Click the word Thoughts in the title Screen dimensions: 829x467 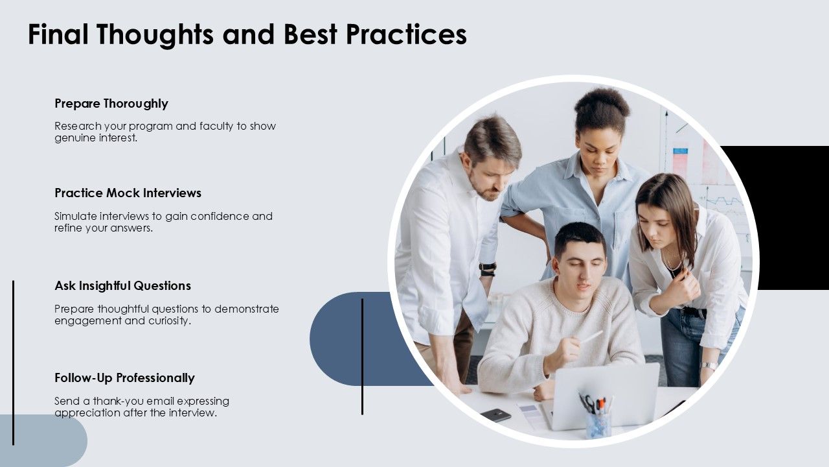point(156,34)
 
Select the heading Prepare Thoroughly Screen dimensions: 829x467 point(111,104)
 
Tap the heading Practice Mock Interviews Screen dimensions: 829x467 point(128,193)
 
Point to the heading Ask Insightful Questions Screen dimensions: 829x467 point(123,286)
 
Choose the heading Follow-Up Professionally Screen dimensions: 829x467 point(125,378)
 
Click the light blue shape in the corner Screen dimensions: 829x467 point(43,440)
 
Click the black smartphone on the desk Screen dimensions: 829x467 point(495,415)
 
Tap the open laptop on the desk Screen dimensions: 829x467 point(602,396)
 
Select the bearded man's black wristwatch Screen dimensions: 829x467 point(488,267)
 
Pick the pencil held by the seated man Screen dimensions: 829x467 point(591,337)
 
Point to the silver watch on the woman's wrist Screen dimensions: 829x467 point(709,365)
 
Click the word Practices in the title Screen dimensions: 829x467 point(406,34)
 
